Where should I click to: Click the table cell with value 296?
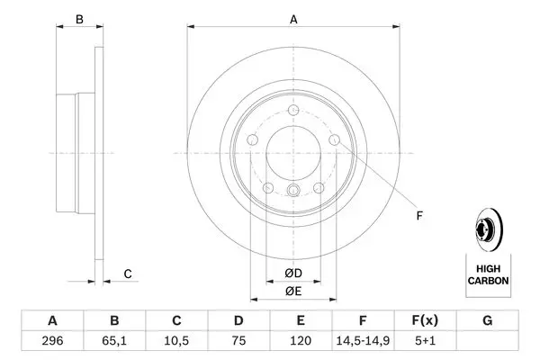pos(52,341)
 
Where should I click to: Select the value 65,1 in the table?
pos(114,341)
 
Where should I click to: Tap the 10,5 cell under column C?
pos(176,341)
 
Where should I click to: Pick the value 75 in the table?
pos(238,341)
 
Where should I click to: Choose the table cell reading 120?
pos(301,341)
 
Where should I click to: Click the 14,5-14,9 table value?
pos(363,341)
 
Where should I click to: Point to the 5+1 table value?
pos(425,341)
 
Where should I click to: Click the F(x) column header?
pos(425,320)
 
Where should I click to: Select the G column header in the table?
pos(487,320)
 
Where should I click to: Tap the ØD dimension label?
pos(293,274)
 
